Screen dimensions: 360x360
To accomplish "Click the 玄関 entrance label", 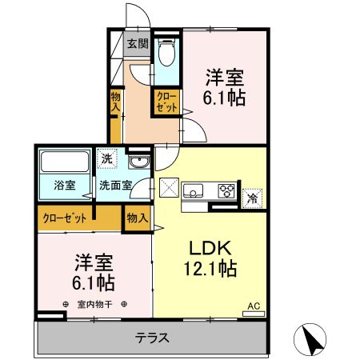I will click(x=138, y=44).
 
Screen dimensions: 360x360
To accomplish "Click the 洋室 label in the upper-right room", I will click(x=225, y=78).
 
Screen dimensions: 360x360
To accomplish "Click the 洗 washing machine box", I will click(x=107, y=159).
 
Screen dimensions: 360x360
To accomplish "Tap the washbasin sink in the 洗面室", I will click(x=138, y=163).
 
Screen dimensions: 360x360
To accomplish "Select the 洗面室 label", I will click(x=116, y=186).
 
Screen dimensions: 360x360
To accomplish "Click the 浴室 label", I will click(x=65, y=186).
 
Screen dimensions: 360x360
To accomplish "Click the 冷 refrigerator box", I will click(x=253, y=195).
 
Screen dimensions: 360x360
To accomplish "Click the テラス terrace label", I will click(x=151, y=338).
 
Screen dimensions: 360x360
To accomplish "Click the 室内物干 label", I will click(x=96, y=304).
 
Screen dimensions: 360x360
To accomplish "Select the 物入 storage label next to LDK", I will click(x=137, y=216).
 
